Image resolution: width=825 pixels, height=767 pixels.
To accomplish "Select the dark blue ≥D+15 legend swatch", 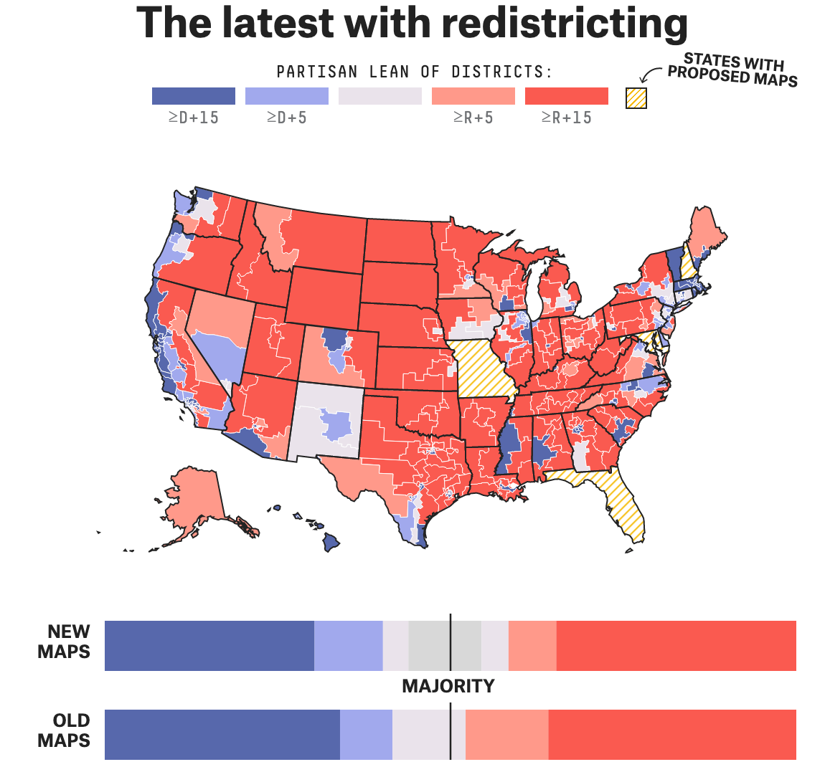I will tap(194, 96).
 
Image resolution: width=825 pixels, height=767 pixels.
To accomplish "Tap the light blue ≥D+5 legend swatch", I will tap(287, 96).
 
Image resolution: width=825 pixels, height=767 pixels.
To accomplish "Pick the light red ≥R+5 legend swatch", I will tap(473, 96).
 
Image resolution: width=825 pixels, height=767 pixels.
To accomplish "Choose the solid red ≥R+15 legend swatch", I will tap(567, 96).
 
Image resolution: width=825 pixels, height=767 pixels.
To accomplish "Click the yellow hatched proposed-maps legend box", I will tap(636, 98).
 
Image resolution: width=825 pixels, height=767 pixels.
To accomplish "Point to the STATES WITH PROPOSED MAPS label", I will tap(732, 70).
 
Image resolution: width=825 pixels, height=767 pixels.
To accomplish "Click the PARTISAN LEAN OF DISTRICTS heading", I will tap(415, 72).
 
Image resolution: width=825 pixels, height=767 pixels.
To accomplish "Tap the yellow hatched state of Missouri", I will tap(482, 369).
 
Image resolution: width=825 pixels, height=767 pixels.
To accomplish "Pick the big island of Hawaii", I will tap(331, 542).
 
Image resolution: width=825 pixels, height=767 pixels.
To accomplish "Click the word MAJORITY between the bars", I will tap(448, 686).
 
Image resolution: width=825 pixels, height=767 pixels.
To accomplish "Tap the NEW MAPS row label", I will tap(64, 642).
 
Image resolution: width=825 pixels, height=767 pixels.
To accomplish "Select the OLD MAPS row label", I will tap(64, 730).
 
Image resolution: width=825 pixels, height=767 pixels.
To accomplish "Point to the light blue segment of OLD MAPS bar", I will tap(366, 735).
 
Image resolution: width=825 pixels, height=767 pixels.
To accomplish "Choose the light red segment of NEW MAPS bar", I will tap(532, 646).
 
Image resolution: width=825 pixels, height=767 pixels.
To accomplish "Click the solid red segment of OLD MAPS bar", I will tap(672, 735).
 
